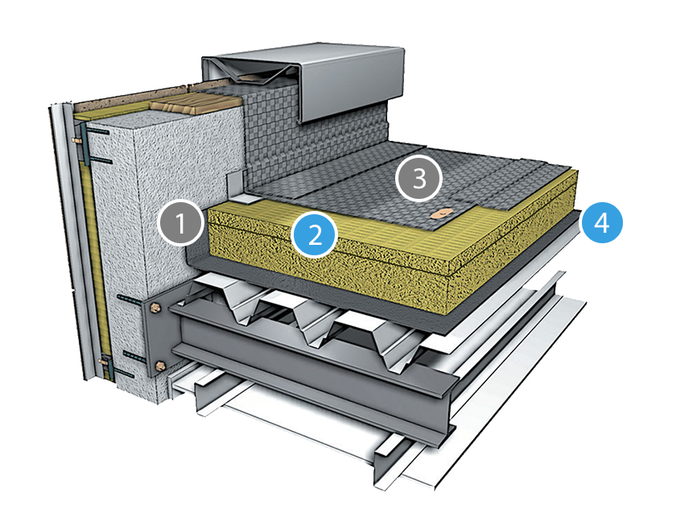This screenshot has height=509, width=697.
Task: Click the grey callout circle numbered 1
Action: pos(181,223)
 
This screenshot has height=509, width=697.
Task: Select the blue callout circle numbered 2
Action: pos(315,234)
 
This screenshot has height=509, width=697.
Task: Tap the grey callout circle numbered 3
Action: pos(419,179)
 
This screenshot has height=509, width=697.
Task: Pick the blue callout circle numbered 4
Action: pos(602,222)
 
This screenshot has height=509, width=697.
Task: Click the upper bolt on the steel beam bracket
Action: pos(155,308)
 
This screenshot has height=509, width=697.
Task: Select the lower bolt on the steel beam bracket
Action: pos(160,366)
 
